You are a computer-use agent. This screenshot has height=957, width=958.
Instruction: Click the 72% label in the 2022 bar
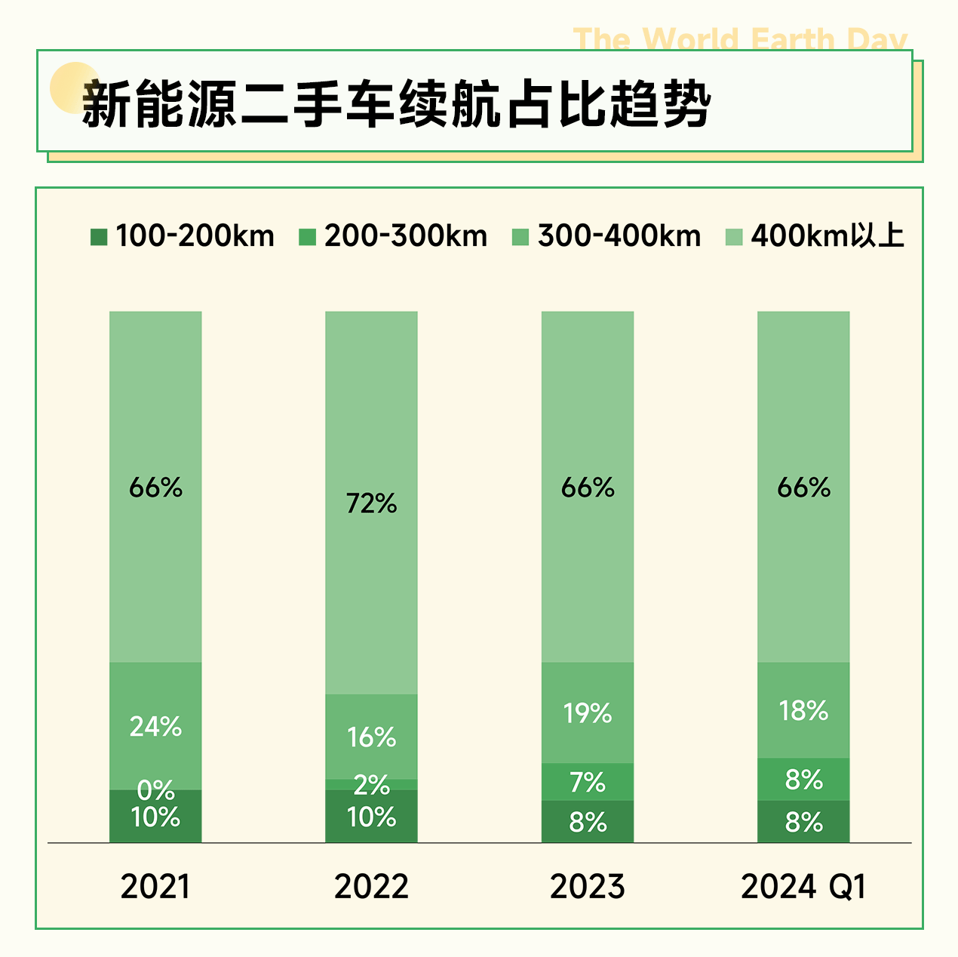click(x=371, y=503)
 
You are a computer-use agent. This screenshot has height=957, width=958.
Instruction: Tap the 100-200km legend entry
click(x=183, y=236)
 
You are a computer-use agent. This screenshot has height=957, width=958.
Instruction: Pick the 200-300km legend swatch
click(x=307, y=237)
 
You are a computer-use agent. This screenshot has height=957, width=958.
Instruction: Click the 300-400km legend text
click(x=619, y=236)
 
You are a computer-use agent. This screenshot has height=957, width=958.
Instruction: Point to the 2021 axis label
click(x=155, y=886)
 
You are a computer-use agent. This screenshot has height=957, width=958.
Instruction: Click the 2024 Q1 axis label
click(x=803, y=886)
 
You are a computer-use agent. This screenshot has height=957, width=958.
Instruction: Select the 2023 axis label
click(x=587, y=886)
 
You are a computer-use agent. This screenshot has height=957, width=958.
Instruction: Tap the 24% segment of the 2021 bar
click(x=155, y=726)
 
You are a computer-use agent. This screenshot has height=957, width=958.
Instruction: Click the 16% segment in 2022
click(x=371, y=737)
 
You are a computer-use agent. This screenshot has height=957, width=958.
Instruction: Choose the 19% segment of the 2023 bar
click(x=587, y=712)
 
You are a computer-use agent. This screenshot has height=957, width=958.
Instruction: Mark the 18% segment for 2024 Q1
click(x=803, y=710)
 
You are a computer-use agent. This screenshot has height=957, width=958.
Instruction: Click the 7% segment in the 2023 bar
click(x=587, y=782)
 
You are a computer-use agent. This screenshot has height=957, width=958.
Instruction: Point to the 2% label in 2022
click(x=371, y=785)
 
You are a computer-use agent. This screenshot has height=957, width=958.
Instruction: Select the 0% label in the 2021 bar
click(x=155, y=790)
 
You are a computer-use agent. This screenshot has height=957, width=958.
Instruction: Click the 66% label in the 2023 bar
click(x=587, y=488)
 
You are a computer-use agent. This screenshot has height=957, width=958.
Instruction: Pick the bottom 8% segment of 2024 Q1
click(x=803, y=822)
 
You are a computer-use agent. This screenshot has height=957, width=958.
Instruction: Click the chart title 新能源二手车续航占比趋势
click(x=396, y=103)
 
